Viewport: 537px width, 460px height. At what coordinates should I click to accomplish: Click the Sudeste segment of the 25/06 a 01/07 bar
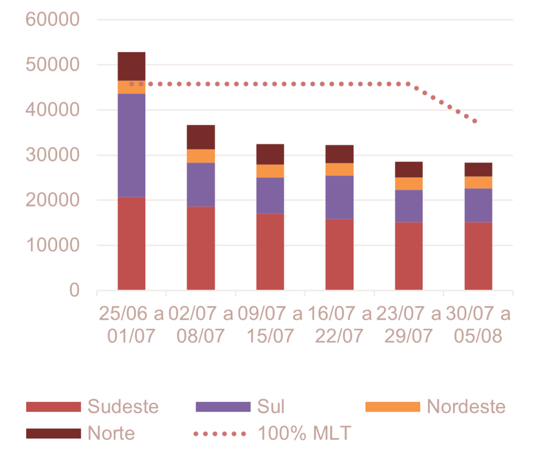point(132,243)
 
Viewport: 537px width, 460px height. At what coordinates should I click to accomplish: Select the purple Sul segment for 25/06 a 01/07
point(132,145)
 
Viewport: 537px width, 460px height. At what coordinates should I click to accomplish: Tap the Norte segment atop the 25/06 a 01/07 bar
point(132,66)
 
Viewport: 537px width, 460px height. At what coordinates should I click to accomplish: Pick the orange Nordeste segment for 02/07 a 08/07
point(201,156)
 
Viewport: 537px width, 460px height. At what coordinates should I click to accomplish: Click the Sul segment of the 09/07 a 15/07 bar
point(270,195)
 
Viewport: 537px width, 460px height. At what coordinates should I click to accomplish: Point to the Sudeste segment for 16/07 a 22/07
point(340,254)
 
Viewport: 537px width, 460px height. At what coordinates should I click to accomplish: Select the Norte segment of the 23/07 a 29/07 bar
point(409,169)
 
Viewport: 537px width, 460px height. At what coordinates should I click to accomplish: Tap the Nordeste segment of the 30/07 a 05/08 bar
point(478,182)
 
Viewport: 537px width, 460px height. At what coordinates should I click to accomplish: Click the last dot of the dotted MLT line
point(475,122)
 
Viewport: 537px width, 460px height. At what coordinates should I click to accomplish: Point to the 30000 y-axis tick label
point(52,155)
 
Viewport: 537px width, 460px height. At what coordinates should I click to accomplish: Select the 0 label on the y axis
point(73,290)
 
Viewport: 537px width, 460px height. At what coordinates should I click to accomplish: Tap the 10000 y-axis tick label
point(52,245)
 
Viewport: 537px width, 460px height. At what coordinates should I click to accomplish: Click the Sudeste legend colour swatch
point(53,407)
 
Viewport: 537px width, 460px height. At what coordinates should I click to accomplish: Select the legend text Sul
point(271,406)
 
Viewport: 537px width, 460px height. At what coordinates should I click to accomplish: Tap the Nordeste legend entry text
point(466,406)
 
